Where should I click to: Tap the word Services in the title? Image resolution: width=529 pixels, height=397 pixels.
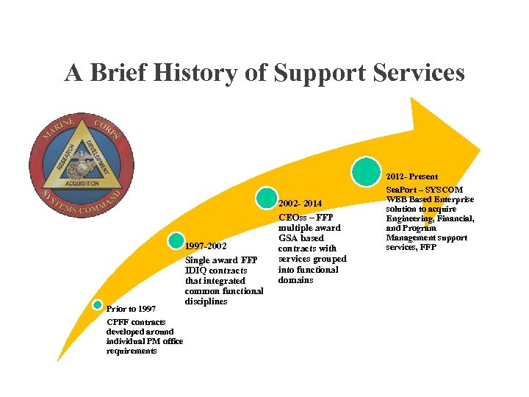(x=418, y=73)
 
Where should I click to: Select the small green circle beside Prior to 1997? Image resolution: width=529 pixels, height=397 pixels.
(x=98, y=305)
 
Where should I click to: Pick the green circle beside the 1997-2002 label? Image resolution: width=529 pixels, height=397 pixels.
(x=176, y=240)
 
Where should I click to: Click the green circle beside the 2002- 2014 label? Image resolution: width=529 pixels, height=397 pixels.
(x=267, y=197)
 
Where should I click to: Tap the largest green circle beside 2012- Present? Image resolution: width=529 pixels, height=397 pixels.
(x=366, y=171)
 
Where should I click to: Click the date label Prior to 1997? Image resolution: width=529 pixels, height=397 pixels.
(x=131, y=309)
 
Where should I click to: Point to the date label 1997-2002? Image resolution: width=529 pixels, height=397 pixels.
(x=206, y=246)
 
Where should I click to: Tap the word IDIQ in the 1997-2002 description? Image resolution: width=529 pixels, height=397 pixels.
(x=198, y=271)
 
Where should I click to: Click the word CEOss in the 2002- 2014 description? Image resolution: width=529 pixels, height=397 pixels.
(x=292, y=218)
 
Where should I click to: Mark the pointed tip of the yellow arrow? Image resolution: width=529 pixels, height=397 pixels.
(x=480, y=151)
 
